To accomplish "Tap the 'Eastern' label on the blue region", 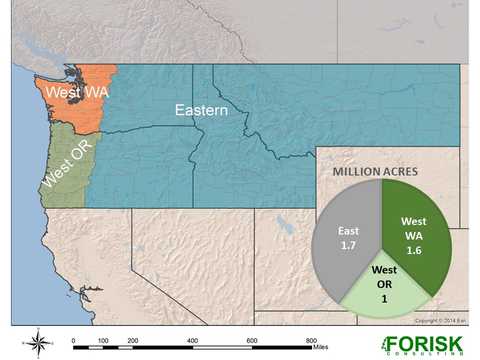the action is point(201,110).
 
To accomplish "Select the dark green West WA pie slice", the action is point(415,220).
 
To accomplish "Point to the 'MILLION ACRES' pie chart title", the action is point(375,171).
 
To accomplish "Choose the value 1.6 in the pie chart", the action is point(414,250).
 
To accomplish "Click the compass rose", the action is point(38,343).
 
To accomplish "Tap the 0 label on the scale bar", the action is point(74,340).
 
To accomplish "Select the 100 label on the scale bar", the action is point(103,340).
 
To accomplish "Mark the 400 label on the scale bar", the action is point(192,340).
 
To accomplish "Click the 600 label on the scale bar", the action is point(252,340).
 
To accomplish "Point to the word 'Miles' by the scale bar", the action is point(320,346).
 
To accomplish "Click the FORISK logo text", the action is point(424,343).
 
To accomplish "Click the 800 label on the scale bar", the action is point(311,340).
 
